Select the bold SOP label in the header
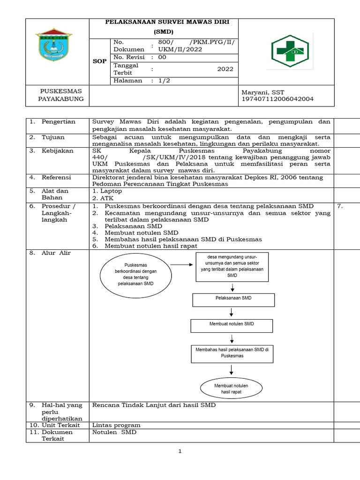point(99,61)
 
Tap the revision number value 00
point(162,57)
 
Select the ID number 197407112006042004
point(277,99)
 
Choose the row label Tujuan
point(53,137)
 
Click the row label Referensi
point(57,178)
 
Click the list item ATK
point(106,198)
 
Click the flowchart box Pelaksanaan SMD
point(230,298)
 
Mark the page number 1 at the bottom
point(180,451)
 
